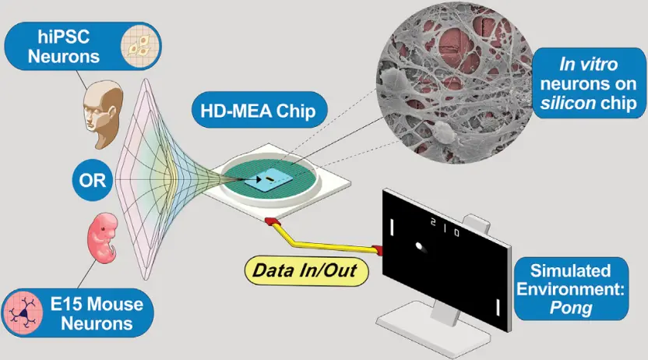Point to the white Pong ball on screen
421,249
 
